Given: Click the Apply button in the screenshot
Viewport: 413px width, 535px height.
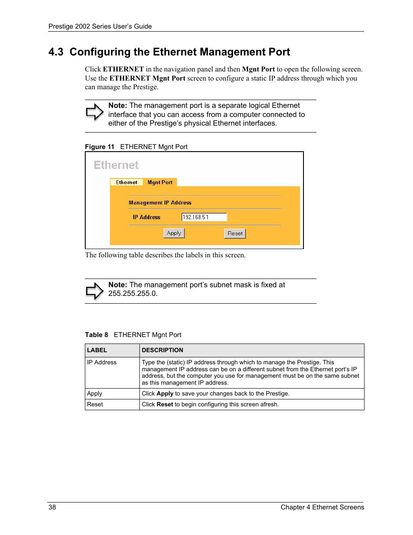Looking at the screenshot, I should click(x=174, y=233).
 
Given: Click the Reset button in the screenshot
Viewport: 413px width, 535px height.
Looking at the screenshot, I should click(x=235, y=233).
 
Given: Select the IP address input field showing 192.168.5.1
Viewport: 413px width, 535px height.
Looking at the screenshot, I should click(x=204, y=217).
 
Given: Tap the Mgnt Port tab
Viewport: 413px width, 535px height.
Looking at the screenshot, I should click(x=160, y=182).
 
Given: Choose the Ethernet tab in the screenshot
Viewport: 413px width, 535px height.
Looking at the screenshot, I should click(x=126, y=182).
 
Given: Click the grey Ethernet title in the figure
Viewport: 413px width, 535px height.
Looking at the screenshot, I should click(x=116, y=165).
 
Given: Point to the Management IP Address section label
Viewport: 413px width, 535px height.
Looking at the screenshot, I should click(x=160, y=202).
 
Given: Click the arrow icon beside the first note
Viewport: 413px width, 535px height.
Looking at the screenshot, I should click(x=94, y=113).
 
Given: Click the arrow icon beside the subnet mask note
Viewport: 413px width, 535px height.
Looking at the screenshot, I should click(x=94, y=291).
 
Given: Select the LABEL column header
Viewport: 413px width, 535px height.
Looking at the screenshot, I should click(x=97, y=350).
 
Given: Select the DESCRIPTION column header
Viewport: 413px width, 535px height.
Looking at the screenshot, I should click(x=162, y=350).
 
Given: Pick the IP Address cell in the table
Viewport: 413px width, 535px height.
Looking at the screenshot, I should click(x=102, y=362).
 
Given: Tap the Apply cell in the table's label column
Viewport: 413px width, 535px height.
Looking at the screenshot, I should click(x=94, y=393).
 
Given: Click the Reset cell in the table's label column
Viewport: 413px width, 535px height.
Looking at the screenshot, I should click(x=95, y=404).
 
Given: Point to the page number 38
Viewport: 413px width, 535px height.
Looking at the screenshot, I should click(x=52, y=507).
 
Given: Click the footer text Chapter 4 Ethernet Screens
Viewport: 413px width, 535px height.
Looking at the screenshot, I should click(x=322, y=507).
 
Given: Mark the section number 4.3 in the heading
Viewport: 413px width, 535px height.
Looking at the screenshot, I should click(x=56, y=52).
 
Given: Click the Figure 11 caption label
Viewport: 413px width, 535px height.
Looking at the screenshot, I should click(x=100, y=146).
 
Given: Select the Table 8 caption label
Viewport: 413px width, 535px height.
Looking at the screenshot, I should click(x=97, y=334).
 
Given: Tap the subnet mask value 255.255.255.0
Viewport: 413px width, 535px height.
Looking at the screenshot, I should click(x=132, y=293).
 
